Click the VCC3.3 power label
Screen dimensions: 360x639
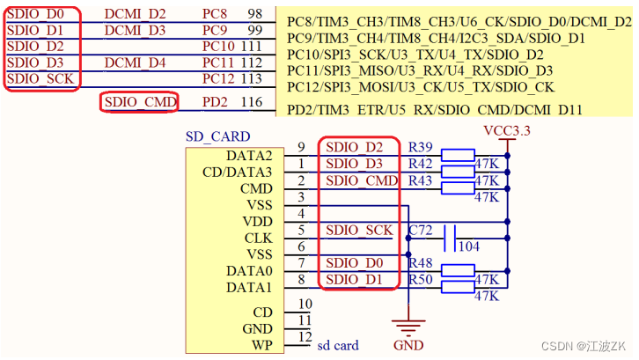point(507,130)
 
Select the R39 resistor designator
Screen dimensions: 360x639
point(421,146)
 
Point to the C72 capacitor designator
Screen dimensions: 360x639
point(421,230)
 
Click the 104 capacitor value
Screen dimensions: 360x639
point(468,247)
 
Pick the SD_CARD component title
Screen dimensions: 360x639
point(217,136)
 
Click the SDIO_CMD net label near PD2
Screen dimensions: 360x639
point(140,103)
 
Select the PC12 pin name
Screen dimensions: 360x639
point(219,79)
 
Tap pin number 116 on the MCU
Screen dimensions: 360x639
point(252,103)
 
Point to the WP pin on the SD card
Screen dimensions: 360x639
point(262,344)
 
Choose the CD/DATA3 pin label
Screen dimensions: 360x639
point(238,172)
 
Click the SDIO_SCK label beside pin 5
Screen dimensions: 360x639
point(359,230)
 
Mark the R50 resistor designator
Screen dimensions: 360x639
point(421,279)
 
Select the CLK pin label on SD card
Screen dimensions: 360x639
point(258,238)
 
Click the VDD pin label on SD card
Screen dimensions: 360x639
point(258,221)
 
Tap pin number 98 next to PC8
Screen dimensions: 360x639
point(254,14)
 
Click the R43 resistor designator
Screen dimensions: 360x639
point(421,180)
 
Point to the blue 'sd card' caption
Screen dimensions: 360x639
point(338,345)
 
